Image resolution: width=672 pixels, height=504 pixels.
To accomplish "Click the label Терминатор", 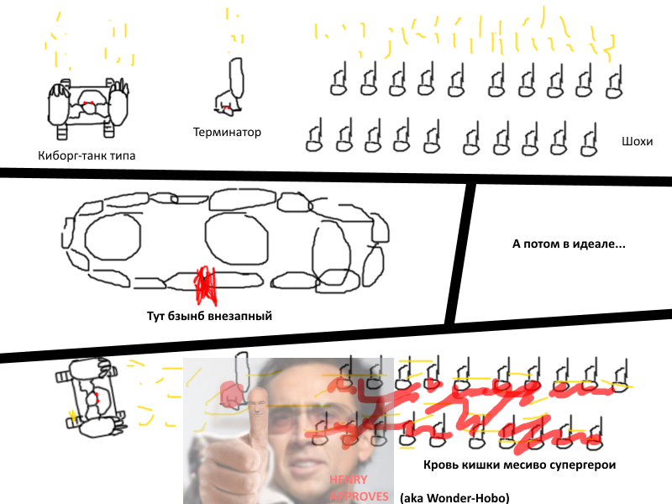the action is (227, 132).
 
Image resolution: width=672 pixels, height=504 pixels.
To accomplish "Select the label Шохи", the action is (637, 141).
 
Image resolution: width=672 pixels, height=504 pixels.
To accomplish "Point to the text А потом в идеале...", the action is (569, 244).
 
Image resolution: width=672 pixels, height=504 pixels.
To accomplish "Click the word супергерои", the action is (582, 465).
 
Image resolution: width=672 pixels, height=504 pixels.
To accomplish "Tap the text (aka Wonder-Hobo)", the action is (454, 498).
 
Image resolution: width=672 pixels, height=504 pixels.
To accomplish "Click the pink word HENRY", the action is (348, 480).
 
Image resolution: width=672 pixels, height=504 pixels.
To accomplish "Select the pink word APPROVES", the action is (360, 496).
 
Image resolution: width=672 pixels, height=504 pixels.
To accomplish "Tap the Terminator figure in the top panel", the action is (230, 87).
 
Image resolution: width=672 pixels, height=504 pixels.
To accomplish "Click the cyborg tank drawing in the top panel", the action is (88, 108).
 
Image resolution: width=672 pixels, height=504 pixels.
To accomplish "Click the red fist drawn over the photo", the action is (232, 394).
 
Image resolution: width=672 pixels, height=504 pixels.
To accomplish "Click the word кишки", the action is (480, 465).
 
